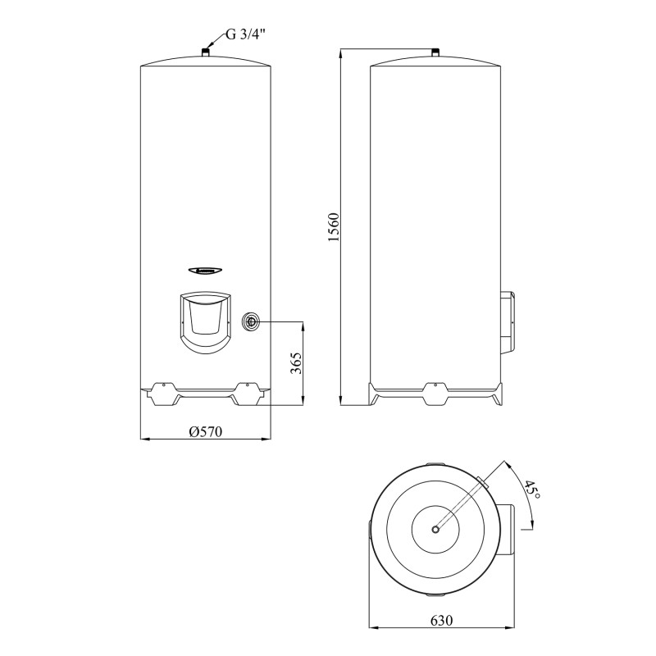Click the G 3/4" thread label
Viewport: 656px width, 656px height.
coord(246,35)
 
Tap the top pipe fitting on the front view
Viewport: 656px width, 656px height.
coord(205,53)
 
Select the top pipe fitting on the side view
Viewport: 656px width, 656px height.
coord(435,54)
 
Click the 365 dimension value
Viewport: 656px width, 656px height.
coord(297,362)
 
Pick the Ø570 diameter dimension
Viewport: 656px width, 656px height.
coord(205,431)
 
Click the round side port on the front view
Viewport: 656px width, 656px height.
coord(250,321)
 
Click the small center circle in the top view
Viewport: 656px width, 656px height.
coord(435,529)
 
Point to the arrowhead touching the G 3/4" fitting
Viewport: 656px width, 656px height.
coord(211,48)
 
